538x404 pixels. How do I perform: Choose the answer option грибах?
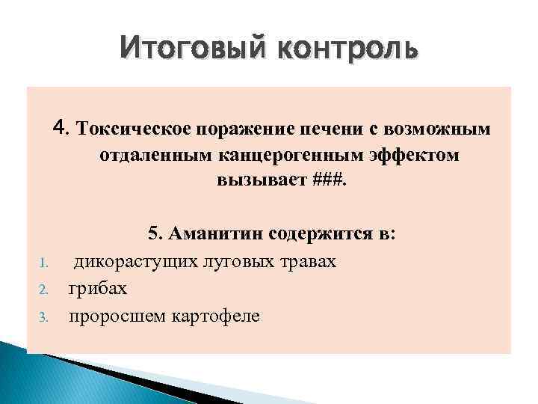(98, 289)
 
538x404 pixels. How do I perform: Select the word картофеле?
(213, 316)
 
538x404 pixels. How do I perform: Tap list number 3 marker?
(44, 317)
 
